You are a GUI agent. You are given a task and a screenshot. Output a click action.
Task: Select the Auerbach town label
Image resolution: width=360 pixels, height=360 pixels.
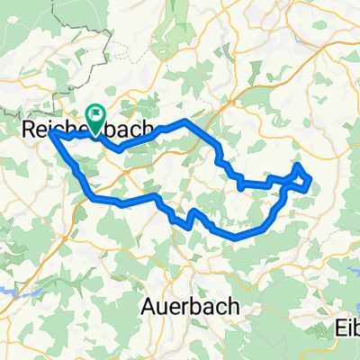click(x=191, y=306)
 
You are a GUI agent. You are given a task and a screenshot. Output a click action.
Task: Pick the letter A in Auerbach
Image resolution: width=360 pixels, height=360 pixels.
click(x=149, y=306)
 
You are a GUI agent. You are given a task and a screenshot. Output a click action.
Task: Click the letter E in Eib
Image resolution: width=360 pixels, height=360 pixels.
click(x=337, y=325)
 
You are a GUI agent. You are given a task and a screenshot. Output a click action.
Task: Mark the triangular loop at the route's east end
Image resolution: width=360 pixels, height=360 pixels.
click(x=301, y=178)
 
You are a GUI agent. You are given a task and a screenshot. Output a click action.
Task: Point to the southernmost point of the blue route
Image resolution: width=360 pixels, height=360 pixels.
click(x=238, y=238)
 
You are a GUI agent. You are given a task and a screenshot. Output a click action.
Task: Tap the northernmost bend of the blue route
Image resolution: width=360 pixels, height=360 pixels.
click(x=184, y=121)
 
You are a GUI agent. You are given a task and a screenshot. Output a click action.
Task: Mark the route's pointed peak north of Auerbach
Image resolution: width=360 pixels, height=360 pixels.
click(x=191, y=211)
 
